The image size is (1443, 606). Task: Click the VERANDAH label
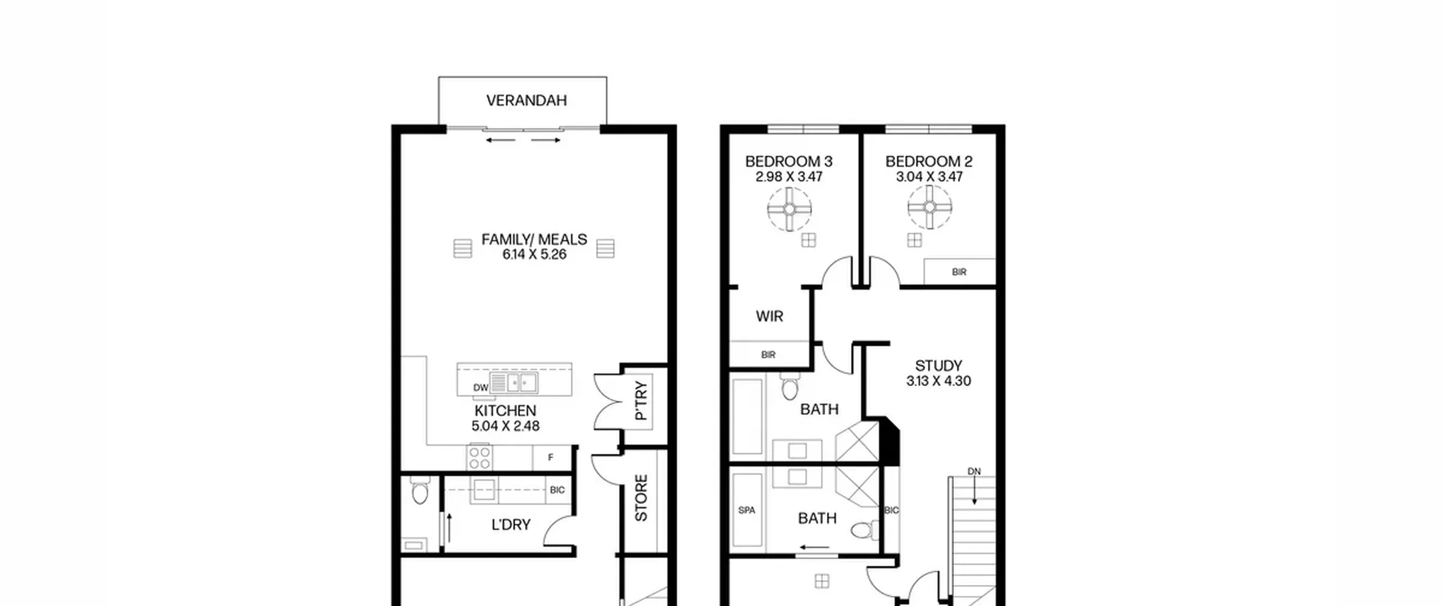(526, 100)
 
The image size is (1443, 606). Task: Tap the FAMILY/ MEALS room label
(534, 240)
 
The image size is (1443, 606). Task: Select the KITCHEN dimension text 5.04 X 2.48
(506, 426)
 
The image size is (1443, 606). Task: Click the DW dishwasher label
(481, 387)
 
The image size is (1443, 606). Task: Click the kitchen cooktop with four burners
(479, 457)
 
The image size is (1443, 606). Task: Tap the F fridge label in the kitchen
(551, 457)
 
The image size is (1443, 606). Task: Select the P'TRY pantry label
(641, 401)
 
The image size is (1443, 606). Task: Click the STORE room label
(641, 498)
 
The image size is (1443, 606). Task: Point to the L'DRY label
(511, 525)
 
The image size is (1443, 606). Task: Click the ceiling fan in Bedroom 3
(789, 209)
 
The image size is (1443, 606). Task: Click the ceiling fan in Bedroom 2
(929, 207)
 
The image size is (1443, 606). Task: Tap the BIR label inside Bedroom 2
(959, 272)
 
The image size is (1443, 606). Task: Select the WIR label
(769, 316)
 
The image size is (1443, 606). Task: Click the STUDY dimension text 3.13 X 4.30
(939, 381)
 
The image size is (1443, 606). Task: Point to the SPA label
(747, 510)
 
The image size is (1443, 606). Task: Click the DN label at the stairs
(974, 471)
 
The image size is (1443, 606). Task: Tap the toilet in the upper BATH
(790, 386)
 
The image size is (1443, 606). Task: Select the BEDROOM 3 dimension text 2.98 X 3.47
(789, 176)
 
